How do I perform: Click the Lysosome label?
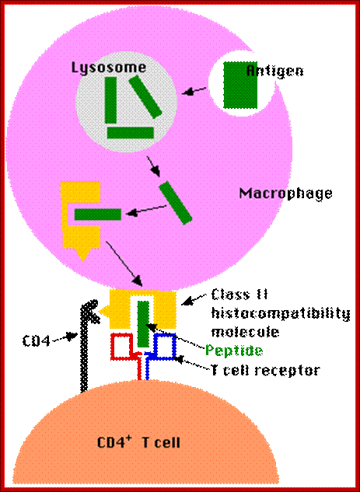pyautogui.click(x=109, y=68)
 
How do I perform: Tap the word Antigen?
pyautogui.click(x=275, y=71)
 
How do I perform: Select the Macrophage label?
pyautogui.click(x=285, y=193)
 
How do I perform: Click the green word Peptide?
pyautogui.click(x=234, y=351)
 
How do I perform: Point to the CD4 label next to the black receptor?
pyautogui.click(x=37, y=341)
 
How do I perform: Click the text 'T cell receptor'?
pyautogui.click(x=265, y=370)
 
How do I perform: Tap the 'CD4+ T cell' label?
pyautogui.click(x=138, y=442)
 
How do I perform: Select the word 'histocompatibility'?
pyautogui.click(x=281, y=314)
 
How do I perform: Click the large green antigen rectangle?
pyautogui.click(x=240, y=85)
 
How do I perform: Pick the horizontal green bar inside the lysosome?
pyautogui.click(x=131, y=133)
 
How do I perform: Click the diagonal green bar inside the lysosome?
pyautogui.click(x=145, y=96)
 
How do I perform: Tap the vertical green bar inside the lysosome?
pyautogui.click(x=110, y=100)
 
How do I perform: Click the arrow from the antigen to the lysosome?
pyautogui.click(x=194, y=91)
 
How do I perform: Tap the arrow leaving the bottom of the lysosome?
pyautogui.click(x=154, y=166)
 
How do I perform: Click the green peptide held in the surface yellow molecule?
pyautogui.click(x=143, y=324)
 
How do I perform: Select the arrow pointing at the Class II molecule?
pyautogui.click(x=197, y=298)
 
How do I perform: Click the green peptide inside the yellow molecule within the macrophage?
pyautogui.click(x=98, y=215)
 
